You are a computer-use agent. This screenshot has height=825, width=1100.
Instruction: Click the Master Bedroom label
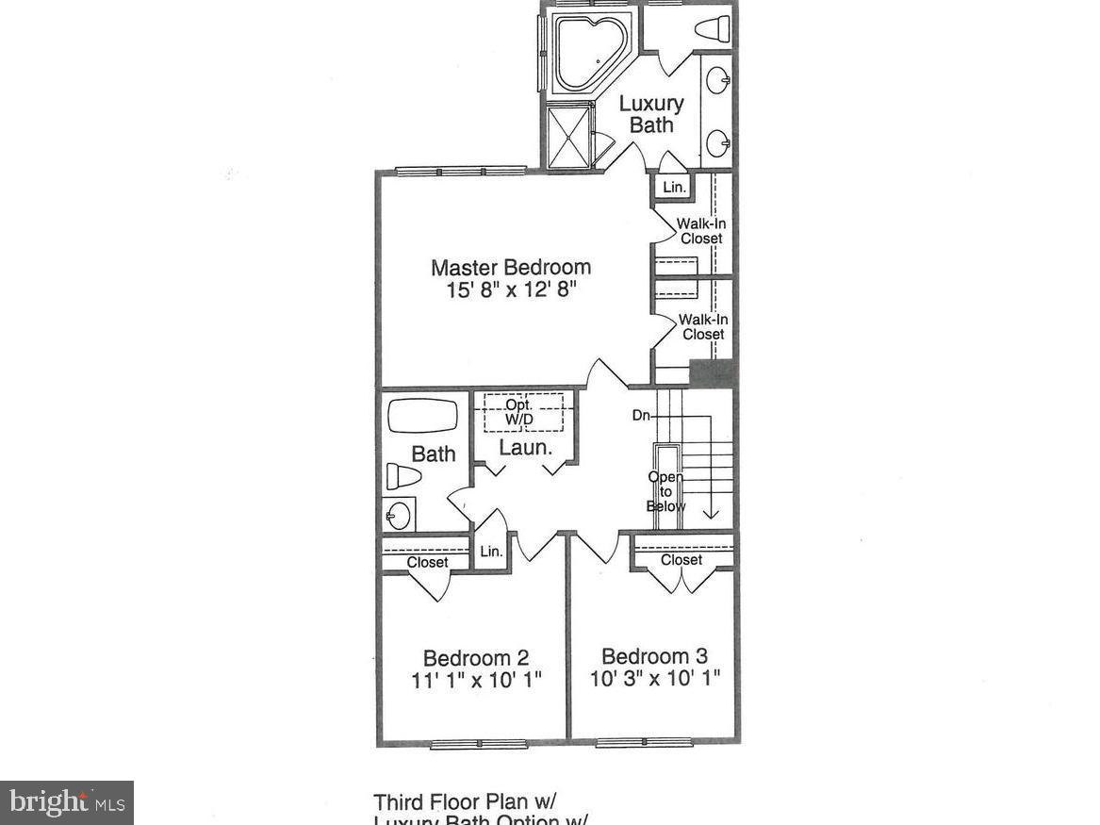(x=511, y=267)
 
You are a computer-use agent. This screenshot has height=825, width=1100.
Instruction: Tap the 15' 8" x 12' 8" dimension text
(x=511, y=290)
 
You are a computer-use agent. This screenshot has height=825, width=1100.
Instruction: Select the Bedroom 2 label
(x=475, y=657)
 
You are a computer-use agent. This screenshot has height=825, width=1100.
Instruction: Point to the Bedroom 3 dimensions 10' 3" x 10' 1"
(x=655, y=679)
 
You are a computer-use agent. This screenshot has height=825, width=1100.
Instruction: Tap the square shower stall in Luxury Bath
(x=569, y=136)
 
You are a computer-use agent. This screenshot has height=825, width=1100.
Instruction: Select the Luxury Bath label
(x=651, y=114)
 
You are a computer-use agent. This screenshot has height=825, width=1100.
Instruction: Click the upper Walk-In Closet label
(x=702, y=231)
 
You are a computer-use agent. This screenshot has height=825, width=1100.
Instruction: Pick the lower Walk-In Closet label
(x=703, y=327)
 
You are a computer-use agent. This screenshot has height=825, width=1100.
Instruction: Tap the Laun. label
(x=525, y=448)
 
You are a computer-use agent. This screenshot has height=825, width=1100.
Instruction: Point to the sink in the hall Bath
(x=399, y=515)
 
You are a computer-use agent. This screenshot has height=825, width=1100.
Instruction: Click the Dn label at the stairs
(x=641, y=415)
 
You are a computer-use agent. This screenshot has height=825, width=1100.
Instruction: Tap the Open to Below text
(x=665, y=491)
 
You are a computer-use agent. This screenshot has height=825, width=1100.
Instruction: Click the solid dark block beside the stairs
(x=713, y=373)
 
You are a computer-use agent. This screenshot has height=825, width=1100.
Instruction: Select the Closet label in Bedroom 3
(x=681, y=560)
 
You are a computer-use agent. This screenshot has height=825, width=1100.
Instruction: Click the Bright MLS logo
(x=66, y=802)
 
